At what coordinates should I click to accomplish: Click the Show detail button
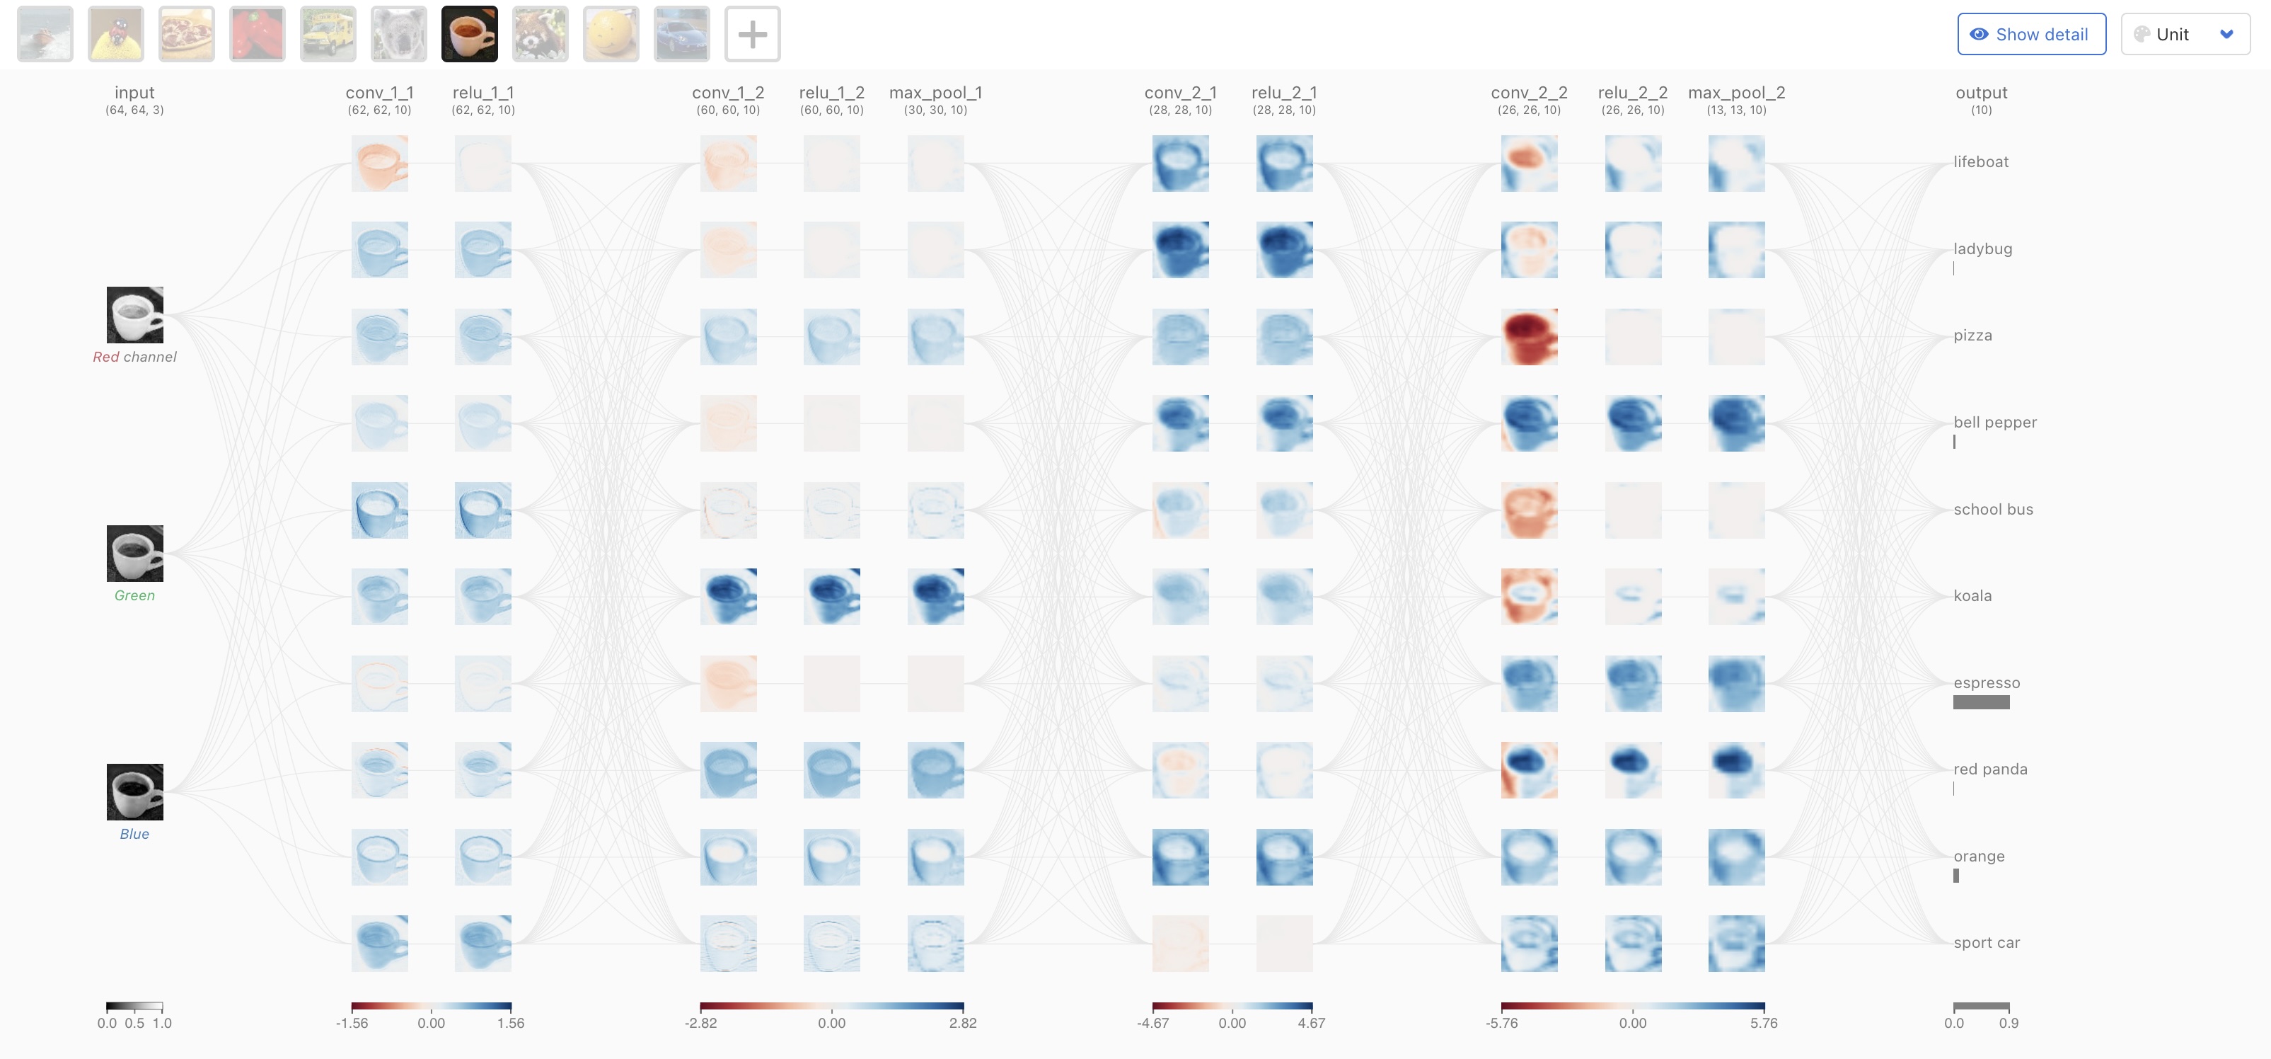coord(2031,35)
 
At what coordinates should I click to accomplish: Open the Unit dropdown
coord(2185,35)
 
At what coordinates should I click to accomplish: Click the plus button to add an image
coord(752,35)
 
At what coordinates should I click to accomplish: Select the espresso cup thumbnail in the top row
coord(469,35)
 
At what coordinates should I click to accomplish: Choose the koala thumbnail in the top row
coord(398,35)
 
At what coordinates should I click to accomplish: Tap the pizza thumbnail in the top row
coord(186,35)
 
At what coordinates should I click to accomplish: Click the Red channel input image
coord(135,315)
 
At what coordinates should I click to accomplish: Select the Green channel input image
coord(135,554)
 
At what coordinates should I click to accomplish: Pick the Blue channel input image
coord(135,792)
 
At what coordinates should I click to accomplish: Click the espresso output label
coord(1987,682)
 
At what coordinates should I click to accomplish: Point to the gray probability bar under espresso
coord(1981,703)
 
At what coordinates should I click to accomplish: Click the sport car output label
coord(1987,943)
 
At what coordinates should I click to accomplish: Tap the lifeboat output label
coord(1981,161)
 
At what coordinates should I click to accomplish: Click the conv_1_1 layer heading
coord(379,93)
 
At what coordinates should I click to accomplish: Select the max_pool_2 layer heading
coord(1736,93)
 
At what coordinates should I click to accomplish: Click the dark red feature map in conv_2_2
coord(1529,337)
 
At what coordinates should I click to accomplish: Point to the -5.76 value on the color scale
coord(1502,1023)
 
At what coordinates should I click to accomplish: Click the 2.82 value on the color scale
coord(963,1023)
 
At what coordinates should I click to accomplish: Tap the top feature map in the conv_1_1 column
coord(379,163)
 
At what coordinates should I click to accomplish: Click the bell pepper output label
coord(1995,423)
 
